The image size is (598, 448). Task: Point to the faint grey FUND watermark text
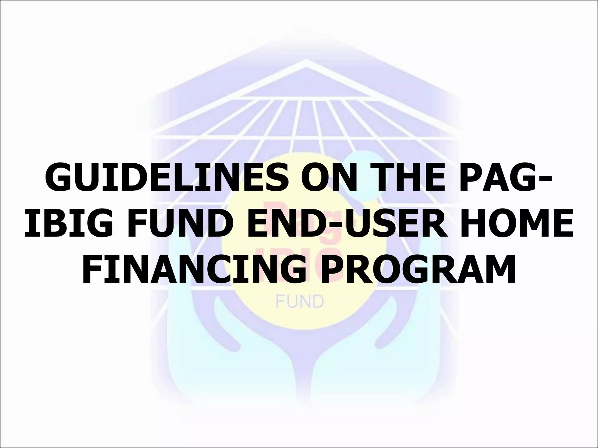pos(300,302)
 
